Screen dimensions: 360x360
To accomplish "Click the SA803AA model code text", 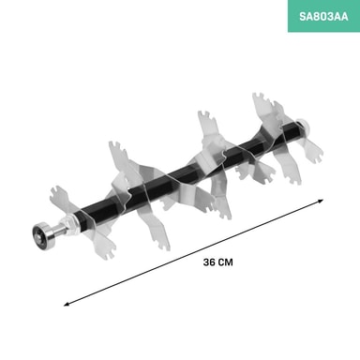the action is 323,16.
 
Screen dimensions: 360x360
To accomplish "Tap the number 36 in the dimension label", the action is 209,262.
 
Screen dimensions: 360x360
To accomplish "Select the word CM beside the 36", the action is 225,262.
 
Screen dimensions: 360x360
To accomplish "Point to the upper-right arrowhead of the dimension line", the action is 320,201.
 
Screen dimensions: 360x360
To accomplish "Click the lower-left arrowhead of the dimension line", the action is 67,304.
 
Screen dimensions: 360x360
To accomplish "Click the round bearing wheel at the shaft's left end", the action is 42,232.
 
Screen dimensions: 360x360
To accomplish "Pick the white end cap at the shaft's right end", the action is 302,125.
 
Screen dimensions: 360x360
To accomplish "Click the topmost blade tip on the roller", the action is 259,96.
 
